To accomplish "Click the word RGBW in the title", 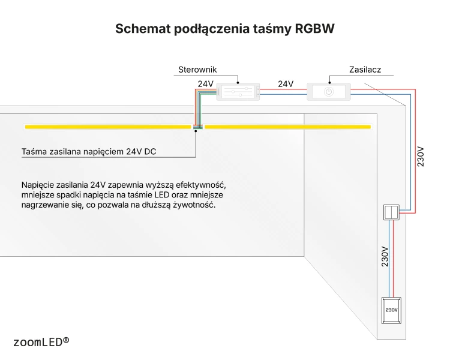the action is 314,28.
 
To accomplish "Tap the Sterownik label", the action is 197,70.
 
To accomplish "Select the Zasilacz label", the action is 365,70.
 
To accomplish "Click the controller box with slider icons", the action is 238,92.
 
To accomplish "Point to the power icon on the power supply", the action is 329,92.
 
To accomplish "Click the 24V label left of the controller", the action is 205,84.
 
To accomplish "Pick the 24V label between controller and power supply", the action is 286,84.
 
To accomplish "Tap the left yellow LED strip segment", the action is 108,127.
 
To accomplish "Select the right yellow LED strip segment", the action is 288,127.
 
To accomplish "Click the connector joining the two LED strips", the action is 198,127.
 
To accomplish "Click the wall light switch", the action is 391,212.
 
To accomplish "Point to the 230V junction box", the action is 391,310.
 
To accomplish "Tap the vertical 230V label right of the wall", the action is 421,157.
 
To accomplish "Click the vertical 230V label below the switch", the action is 385,257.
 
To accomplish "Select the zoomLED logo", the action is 41,342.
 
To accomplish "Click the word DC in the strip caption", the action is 150,152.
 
